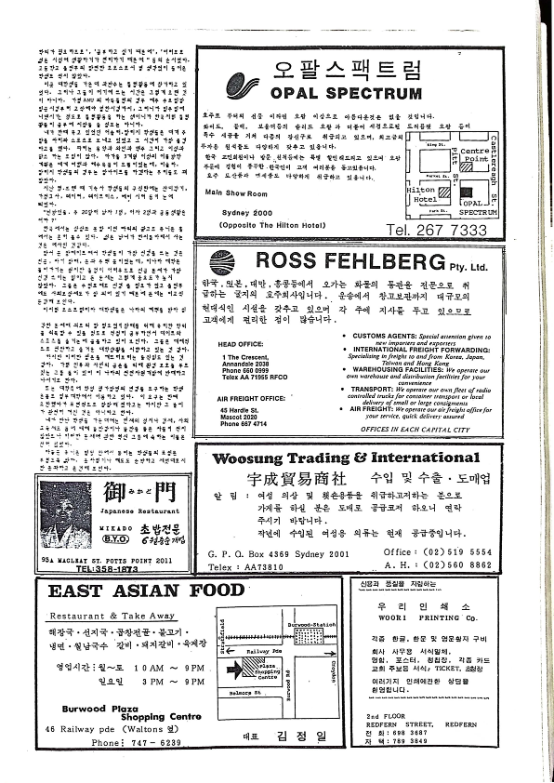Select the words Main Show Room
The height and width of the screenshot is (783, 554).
(x=238, y=192)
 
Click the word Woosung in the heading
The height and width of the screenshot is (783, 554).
(x=251, y=458)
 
